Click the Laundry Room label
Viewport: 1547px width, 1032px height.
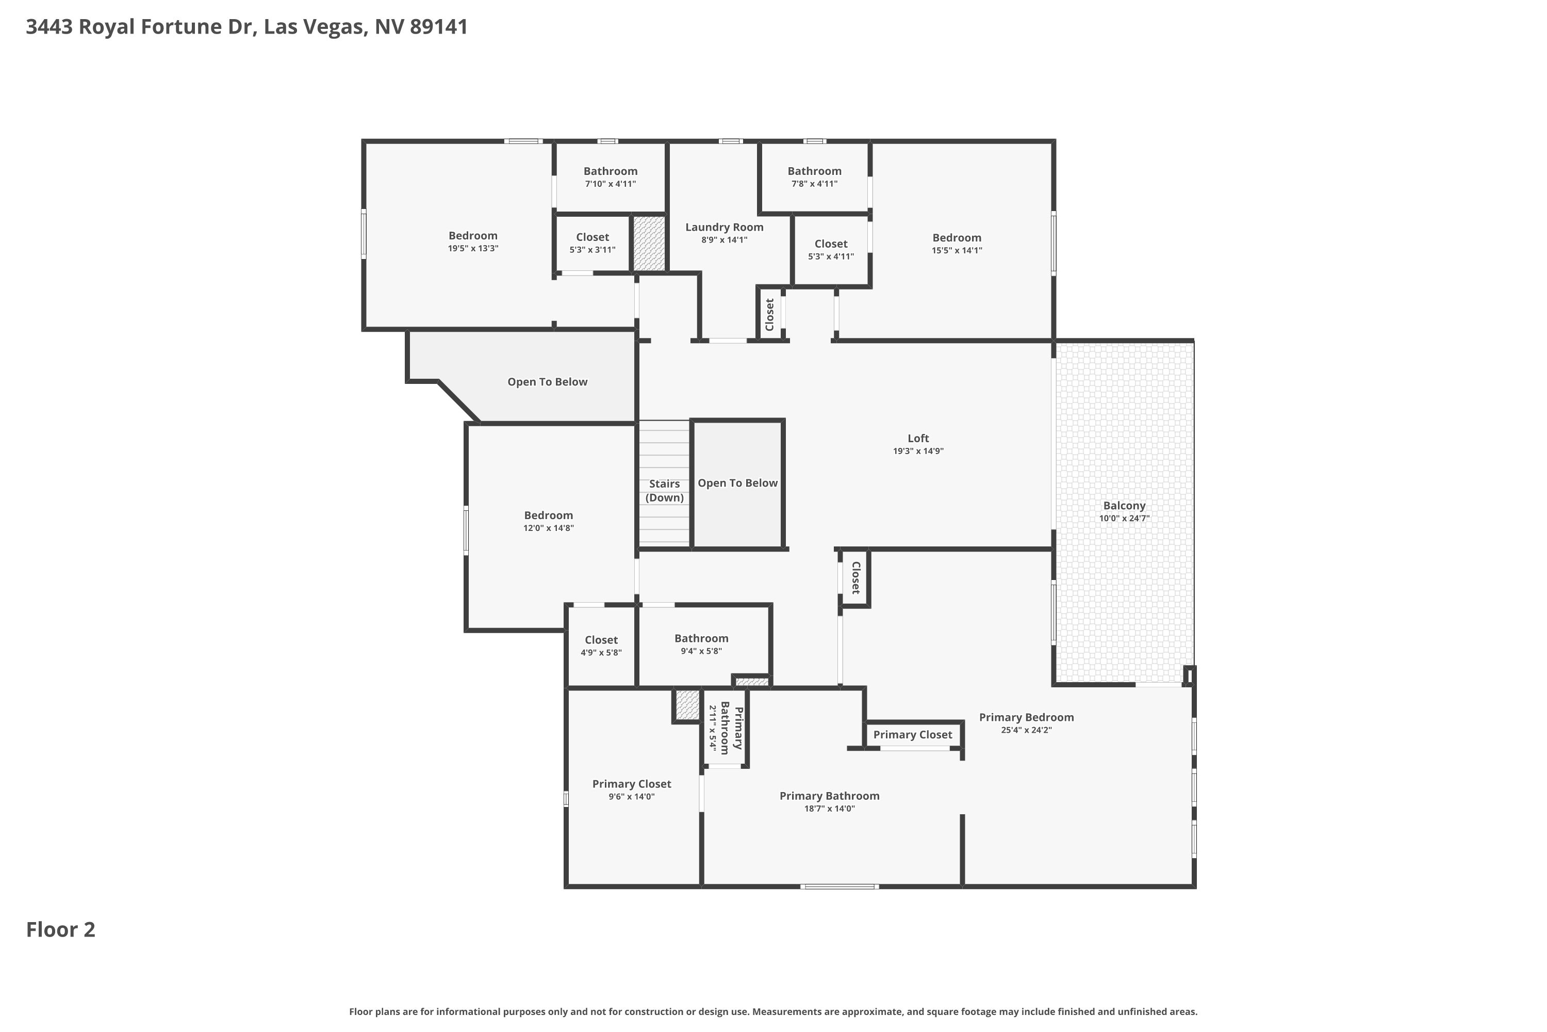pos(724,227)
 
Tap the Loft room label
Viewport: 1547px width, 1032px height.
pos(918,438)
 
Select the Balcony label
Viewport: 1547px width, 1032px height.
pos(1124,506)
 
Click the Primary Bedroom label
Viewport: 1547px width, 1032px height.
pos(1026,717)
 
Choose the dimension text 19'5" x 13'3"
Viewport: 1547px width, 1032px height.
pos(473,249)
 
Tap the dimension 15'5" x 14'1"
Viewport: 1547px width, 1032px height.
pos(957,251)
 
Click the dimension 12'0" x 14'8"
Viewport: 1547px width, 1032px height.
pos(549,528)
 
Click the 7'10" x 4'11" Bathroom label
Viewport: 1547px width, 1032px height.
pos(611,171)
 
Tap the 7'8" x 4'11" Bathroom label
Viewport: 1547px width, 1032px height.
pos(814,171)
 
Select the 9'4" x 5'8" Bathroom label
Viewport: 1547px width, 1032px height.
pos(701,638)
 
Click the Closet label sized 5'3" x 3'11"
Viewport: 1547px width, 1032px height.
pos(593,237)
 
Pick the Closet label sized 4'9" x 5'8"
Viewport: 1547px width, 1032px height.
pos(601,640)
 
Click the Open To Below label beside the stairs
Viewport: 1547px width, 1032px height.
pos(737,483)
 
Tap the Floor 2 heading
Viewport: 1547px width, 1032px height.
pos(60,929)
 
